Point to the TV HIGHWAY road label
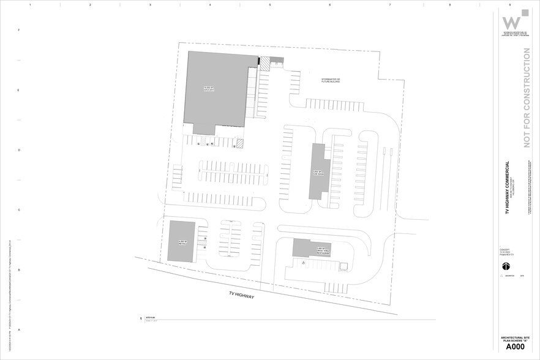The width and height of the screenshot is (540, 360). [241, 295]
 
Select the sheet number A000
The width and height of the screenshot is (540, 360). [514, 347]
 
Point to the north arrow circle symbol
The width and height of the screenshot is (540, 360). [506, 266]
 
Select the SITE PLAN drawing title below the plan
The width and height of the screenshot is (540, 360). [153, 319]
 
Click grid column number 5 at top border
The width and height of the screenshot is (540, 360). [269, 4]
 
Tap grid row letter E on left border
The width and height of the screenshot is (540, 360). [18, 90]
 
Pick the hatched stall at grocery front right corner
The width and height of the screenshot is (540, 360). [240, 143]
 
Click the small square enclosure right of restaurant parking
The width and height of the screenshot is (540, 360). [344, 266]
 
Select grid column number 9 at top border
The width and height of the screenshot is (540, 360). [509, 4]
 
